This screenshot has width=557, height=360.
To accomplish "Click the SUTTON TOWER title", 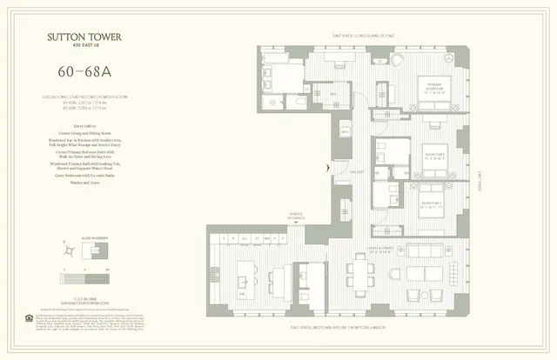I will pos(84,36).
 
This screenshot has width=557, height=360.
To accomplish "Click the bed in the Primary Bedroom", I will pos(433,96).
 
